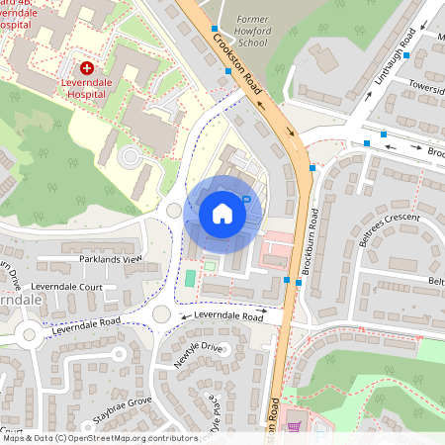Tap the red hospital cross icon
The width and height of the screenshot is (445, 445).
[x=87, y=68]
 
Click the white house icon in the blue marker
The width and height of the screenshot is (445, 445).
[x=222, y=213]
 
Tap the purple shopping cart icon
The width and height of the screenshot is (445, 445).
[x=293, y=428]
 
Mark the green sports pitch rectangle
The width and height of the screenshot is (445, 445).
[x=190, y=277]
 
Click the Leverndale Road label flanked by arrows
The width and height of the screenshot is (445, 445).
[x=228, y=316]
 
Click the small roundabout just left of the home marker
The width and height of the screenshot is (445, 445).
[x=174, y=210]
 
